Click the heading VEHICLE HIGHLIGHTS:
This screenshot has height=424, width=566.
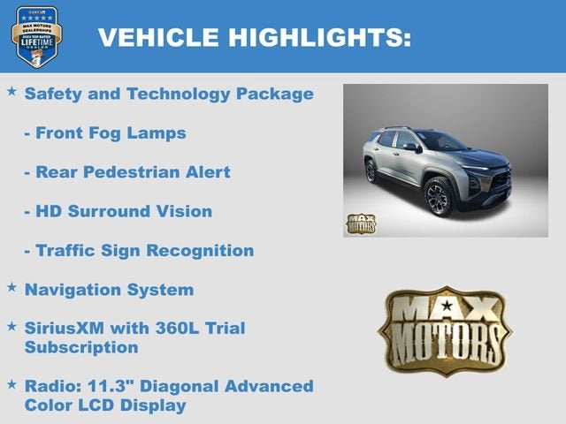254,37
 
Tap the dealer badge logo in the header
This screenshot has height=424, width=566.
36,36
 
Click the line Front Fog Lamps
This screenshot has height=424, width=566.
105,132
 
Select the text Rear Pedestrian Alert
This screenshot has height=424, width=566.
127,172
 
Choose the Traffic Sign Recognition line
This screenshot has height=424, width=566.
139,251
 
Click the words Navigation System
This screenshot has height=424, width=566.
109,289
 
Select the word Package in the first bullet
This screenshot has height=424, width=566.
275,93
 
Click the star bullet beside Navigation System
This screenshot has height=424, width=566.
11,287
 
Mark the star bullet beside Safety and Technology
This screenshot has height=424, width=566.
11,91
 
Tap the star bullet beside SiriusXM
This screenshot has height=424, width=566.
11,326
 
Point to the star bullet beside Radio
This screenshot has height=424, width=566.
11,384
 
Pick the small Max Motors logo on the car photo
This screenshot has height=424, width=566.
360,223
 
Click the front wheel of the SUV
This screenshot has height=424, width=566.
440,196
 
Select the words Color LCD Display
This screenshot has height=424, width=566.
105,405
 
